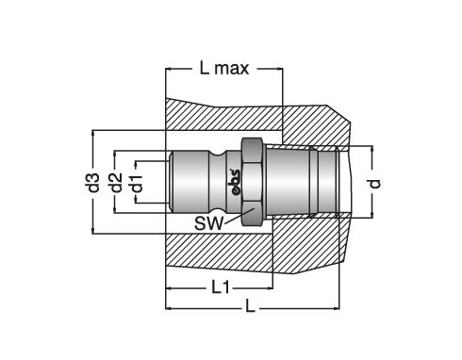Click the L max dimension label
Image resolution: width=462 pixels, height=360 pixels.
(x=224, y=69)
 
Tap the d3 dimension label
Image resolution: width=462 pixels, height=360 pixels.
(x=93, y=182)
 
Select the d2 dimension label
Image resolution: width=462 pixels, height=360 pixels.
(x=115, y=182)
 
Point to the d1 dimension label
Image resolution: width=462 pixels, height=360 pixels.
(x=137, y=183)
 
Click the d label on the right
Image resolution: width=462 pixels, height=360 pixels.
(x=374, y=183)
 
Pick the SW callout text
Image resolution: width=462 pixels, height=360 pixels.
(x=208, y=223)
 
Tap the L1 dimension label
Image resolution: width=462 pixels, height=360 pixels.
(x=221, y=287)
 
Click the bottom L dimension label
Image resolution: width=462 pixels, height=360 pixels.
(x=250, y=305)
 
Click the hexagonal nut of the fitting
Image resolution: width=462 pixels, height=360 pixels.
(x=252, y=182)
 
